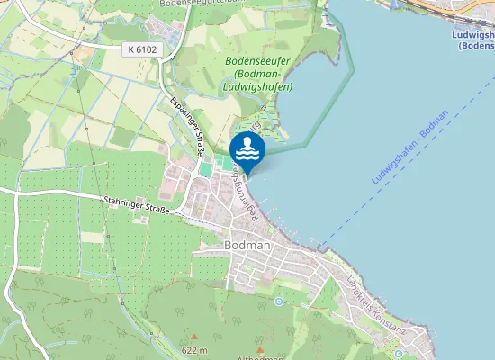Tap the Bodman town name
click(245, 244)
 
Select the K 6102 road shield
click(143, 50)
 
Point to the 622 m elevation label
click(194, 350)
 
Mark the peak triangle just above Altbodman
click(260, 348)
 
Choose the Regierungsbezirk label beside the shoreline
click(255, 193)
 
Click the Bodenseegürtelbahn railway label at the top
click(203, 4)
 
